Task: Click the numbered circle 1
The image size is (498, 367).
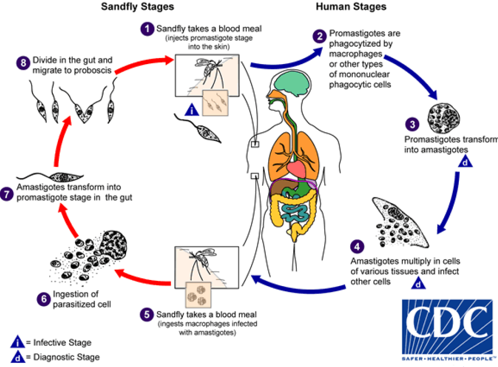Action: (x=147, y=29)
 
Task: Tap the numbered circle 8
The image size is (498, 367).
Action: (x=21, y=64)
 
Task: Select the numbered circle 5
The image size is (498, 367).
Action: (x=147, y=314)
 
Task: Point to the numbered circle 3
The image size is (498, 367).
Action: (x=412, y=124)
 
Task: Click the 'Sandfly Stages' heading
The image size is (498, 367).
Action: (x=137, y=7)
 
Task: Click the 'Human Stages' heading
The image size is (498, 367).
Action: (x=351, y=7)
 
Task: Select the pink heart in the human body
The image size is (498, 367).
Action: (x=293, y=168)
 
